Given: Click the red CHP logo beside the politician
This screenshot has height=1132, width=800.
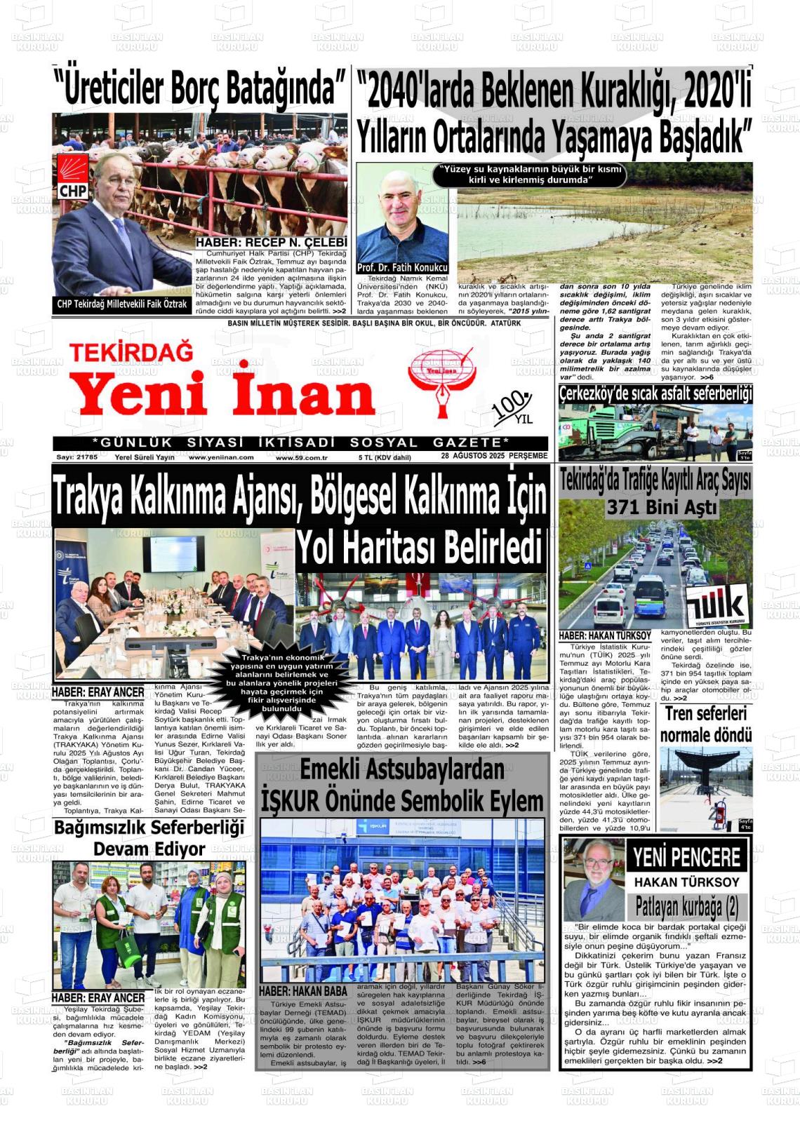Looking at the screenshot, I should (72, 177).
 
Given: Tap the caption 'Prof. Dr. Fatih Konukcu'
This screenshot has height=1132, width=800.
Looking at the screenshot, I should (402, 268).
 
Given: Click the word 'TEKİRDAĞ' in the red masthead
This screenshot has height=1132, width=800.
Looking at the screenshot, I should (131, 351).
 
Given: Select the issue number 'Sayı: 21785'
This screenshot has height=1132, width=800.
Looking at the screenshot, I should (76, 457).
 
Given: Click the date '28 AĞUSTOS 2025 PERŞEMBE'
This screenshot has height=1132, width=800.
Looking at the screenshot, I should (494, 456).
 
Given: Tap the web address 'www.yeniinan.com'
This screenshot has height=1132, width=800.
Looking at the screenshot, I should (221, 457).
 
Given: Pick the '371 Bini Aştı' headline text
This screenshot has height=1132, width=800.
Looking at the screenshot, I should (661, 507).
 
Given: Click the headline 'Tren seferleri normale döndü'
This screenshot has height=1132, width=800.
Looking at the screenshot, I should (705, 725).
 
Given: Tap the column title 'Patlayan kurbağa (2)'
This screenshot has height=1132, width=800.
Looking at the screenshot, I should (686, 907).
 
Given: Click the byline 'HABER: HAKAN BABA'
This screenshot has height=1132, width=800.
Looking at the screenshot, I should (303, 990).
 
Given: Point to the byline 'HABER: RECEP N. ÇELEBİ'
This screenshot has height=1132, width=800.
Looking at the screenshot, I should (271, 243).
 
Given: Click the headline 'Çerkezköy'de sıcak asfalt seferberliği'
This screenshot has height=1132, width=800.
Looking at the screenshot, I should (655, 393).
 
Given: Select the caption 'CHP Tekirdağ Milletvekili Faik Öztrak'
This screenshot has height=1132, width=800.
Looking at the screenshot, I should (122, 304).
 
